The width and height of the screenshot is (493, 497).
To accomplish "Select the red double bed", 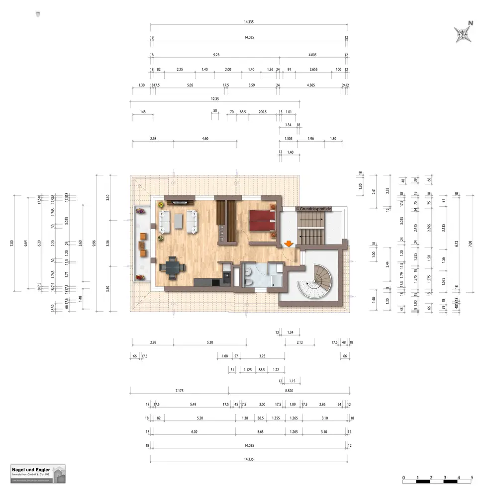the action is [x=262, y=219].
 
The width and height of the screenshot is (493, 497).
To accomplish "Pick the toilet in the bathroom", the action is [x=249, y=281].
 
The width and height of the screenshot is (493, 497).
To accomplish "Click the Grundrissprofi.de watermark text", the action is [x=317, y=209].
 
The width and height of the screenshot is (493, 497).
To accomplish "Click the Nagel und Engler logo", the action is [x=38, y=473].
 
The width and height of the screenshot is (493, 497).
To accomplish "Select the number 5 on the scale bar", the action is [x=472, y=477].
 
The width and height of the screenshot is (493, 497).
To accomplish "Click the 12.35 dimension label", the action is [x=214, y=98].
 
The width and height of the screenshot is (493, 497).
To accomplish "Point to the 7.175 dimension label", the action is [x=180, y=391].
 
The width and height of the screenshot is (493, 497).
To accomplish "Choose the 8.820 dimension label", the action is [x=289, y=391].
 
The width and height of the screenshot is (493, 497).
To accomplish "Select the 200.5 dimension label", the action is [x=263, y=112].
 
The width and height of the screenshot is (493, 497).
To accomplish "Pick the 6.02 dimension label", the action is [x=194, y=432].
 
